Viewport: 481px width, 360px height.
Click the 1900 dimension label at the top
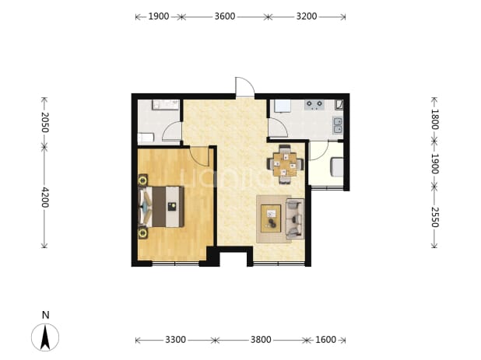point(159,16)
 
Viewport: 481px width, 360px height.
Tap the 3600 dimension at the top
point(225,16)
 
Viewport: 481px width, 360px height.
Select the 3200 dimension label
point(306,16)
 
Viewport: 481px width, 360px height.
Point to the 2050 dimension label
point(45,122)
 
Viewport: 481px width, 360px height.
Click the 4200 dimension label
point(45,197)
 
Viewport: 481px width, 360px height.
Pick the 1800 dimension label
point(434,119)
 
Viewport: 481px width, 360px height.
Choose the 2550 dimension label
point(434,217)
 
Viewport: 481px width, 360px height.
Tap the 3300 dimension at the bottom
point(175,340)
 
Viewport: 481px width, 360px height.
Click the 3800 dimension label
point(261,340)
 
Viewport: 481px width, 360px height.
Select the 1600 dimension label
point(326,340)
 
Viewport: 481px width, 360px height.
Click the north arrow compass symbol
point(45,337)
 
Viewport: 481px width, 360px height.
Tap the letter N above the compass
point(45,315)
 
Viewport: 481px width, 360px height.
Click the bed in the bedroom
point(161,207)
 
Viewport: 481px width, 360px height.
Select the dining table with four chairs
point(285,165)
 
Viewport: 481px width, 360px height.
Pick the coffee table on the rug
point(271,218)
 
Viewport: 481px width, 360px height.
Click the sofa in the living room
point(295,218)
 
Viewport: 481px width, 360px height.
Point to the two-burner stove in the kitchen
point(314,105)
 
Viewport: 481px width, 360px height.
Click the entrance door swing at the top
point(245,87)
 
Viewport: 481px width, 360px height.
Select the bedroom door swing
point(199,157)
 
